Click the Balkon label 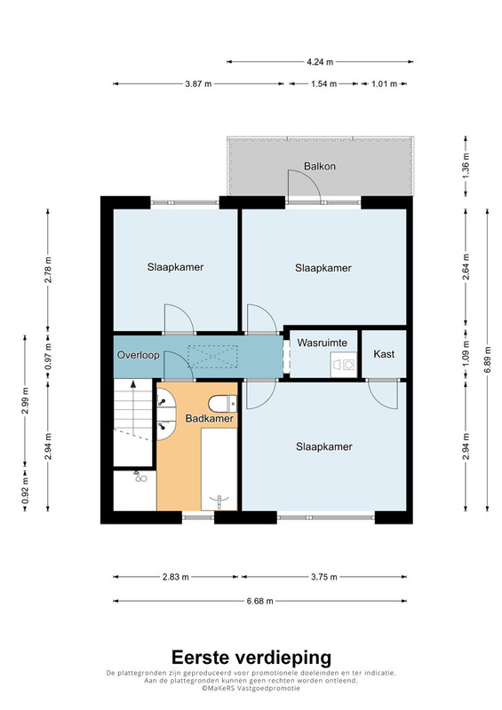click(320, 166)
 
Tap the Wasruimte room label click(322, 343)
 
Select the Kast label click(384, 353)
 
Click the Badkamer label click(209, 418)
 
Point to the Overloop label click(139, 354)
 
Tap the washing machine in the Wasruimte click(343, 365)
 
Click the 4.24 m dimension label click(320, 61)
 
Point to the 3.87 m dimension click(198, 83)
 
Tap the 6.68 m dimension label click(259, 602)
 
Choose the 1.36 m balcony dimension click(466, 166)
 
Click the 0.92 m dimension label click(25, 492)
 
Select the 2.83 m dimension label click(176, 577)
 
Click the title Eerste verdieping click(251, 657)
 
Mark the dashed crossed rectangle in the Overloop click(212, 356)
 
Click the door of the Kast click(384, 394)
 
